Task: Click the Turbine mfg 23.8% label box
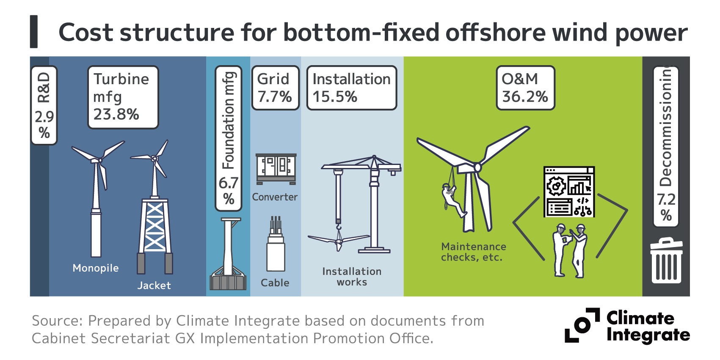coord(123,97)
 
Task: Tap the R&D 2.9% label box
coord(44,105)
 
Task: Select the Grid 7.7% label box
coord(275,88)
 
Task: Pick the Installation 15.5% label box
coord(351,88)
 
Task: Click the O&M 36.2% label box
coord(525,88)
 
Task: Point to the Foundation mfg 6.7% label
coord(229,138)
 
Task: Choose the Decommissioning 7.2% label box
coord(666,146)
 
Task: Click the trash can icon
coord(666,261)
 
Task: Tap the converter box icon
coord(276,169)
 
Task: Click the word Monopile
coord(96,268)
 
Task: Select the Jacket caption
coord(154,286)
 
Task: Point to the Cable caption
coord(275,283)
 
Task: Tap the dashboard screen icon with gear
coord(569,192)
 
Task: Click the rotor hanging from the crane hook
coord(339,242)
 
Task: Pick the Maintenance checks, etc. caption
coord(473,252)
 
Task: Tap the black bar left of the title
coord(34,32)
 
